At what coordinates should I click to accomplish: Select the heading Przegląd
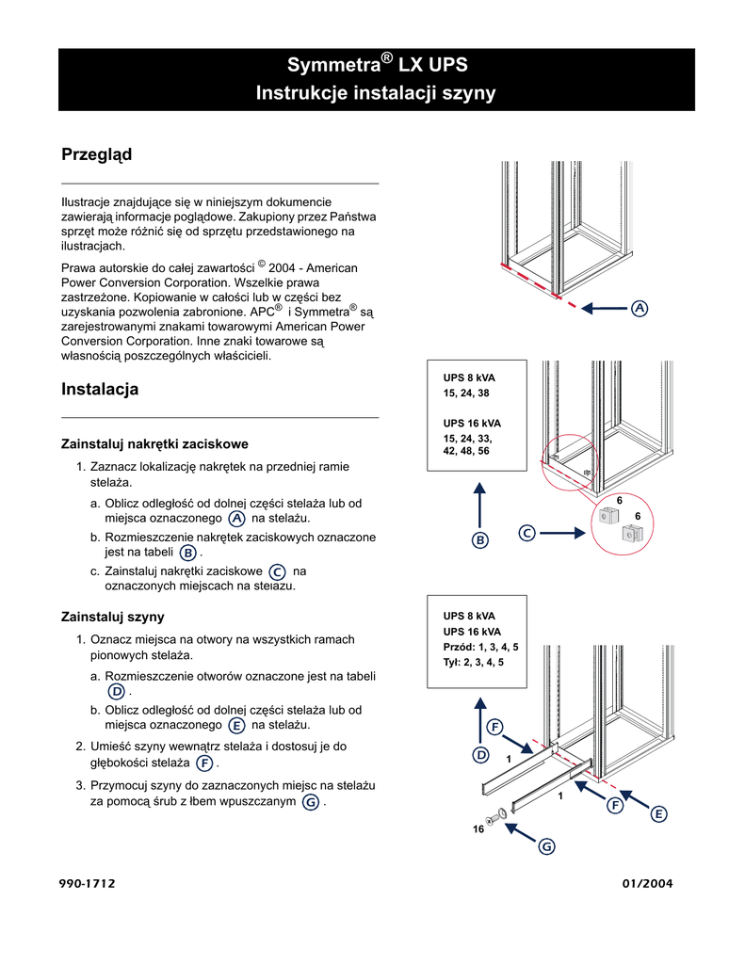click(x=96, y=154)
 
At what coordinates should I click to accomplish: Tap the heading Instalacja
click(x=100, y=389)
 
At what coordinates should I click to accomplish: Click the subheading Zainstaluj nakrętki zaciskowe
click(x=154, y=442)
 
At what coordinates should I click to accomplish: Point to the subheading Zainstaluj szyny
click(x=113, y=617)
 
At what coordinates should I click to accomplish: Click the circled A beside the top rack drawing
click(x=640, y=309)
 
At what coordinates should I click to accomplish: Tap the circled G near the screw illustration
click(x=546, y=847)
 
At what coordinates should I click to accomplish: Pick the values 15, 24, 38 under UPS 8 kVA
click(x=467, y=393)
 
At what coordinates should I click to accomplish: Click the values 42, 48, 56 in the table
click(x=466, y=451)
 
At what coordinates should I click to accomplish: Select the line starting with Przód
click(x=480, y=648)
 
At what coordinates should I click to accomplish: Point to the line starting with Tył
click(x=473, y=662)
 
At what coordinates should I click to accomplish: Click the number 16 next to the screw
click(x=478, y=829)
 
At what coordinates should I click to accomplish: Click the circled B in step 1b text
click(x=187, y=554)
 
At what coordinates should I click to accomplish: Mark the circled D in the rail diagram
click(x=480, y=755)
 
